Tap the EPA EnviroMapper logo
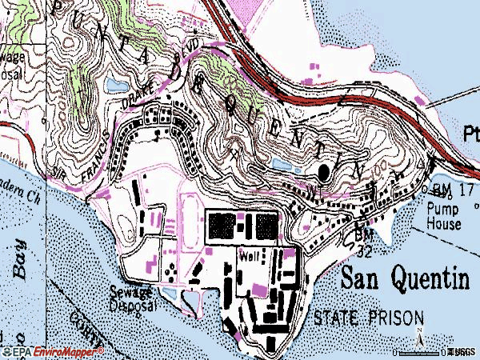(53, 351)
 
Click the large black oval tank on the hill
(324, 172)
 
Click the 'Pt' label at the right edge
(470, 133)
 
